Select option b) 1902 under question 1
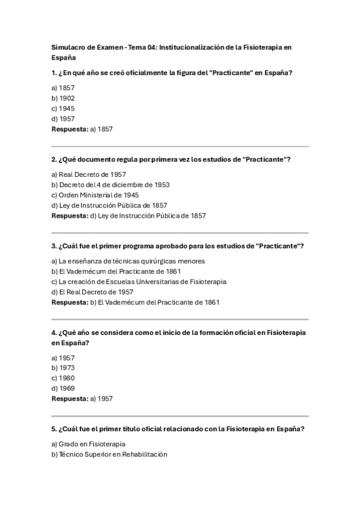pyautogui.click(x=63, y=98)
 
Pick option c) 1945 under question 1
pyautogui.click(x=63, y=108)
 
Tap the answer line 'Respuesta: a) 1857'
pyautogui.click(x=82, y=129)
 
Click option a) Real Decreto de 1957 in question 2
pyautogui.click(x=88, y=174)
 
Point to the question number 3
pyautogui.click(x=54, y=246)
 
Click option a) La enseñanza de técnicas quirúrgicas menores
pyautogui.click(x=128, y=261)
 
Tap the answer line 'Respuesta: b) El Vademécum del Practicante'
pyautogui.click(x=135, y=302)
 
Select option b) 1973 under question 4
pyautogui.click(x=63, y=367)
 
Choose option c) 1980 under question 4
pyautogui.click(x=63, y=378)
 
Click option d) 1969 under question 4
pyautogui.click(x=63, y=388)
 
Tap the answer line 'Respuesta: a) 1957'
pyautogui.click(x=82, y=398)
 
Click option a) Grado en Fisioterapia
pyautogui.click(x=88, y=444)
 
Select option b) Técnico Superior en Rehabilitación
pyautogui.click(x=109, y=454)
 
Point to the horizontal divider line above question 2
pyautogui.click(x=180, y=146)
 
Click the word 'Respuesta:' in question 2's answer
pyautogui.click(x=70, y=215)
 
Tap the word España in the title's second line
pyautogui.click(x=64, y=58)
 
